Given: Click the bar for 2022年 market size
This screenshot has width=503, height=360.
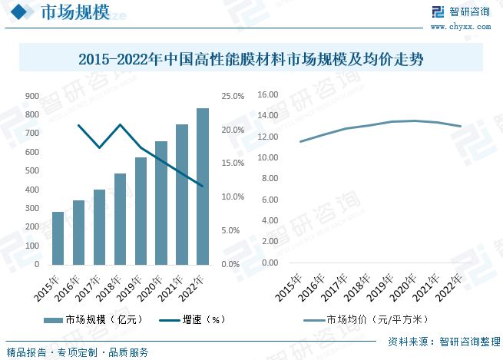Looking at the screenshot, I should click(203, 187).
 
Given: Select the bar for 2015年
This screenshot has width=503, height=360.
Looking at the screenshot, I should click(58, 238).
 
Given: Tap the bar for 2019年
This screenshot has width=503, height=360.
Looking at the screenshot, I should click(141, 211).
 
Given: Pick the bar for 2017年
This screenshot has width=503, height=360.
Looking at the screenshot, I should click(99, 227).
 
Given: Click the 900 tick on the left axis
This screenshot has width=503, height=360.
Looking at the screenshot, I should click(32, 96).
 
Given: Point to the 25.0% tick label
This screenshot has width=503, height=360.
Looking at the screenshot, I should click(233, 96).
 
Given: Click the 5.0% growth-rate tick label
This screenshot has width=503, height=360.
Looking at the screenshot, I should click(233, 230).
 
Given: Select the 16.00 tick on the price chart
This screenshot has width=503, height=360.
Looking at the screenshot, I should click(268, 95).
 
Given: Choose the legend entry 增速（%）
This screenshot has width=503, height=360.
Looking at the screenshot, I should click(193, 320).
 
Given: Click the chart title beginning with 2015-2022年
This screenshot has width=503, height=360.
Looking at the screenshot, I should click(251, 58).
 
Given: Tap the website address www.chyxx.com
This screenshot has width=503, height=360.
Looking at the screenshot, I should click(465, 27).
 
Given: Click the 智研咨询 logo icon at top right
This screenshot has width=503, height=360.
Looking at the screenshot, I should click(438, 12).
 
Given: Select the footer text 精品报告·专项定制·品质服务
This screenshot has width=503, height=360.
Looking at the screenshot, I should click(78, 352).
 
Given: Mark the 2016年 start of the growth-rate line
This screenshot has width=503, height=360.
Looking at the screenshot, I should click(78, 125).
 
